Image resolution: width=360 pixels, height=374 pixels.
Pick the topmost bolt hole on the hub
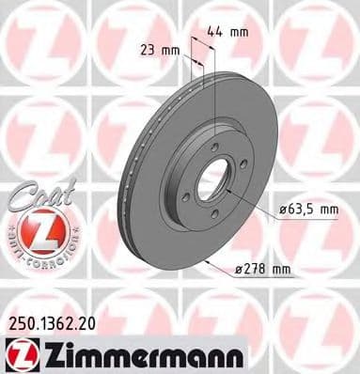[214, 148]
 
